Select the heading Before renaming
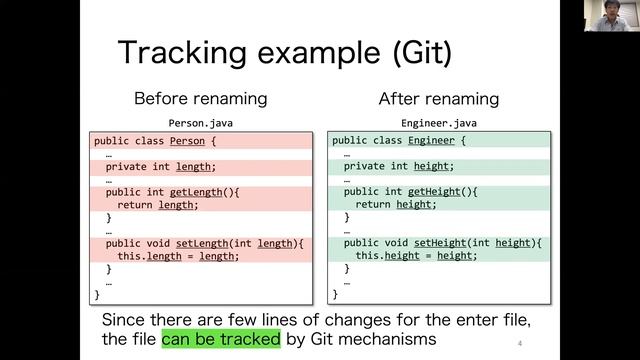(x=200, y=99)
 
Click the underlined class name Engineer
(x=431, y=141)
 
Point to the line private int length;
(x=160, y=166)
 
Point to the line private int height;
(x=398, y=166)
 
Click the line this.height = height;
(x=416, y=256)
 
